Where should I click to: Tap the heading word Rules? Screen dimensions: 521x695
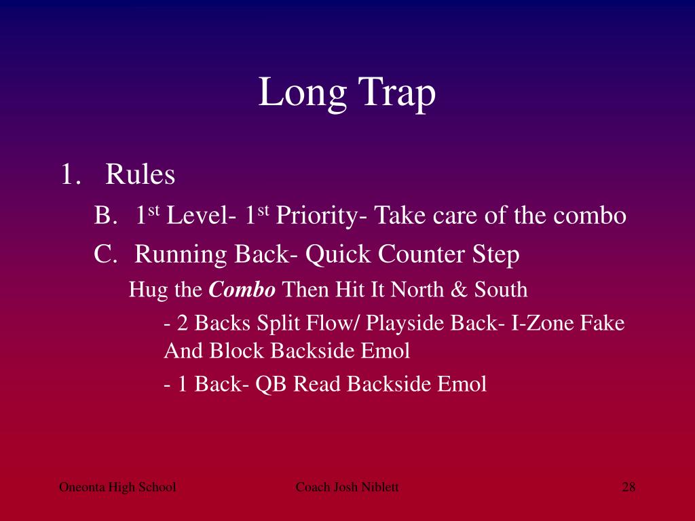click(x=140, y=175)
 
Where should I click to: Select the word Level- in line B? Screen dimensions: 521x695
click(x=201, y=216)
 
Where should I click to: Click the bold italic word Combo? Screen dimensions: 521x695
click(x=242, y=290)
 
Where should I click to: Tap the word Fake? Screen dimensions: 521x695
click(x=602, y=323)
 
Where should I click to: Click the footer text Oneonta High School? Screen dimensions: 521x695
click(x=117, y=487)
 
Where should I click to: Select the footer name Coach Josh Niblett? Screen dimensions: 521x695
click(x=347, y=487)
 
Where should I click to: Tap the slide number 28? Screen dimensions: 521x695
click(x=628, y=487)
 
